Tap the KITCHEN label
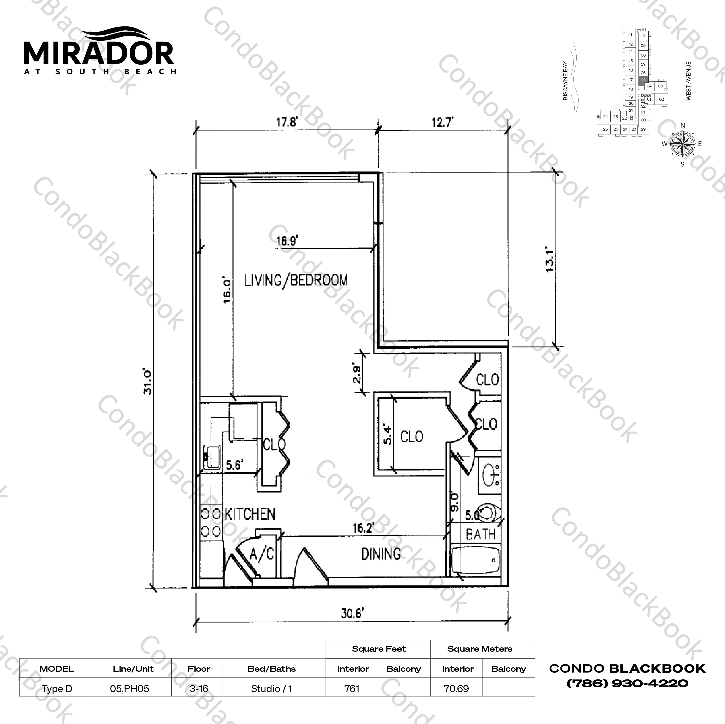pos(250,514)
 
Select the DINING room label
pos(381,554)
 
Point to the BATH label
pos(480,534)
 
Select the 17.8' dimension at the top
pos(287,122)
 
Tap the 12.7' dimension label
pos(443,122)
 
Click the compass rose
pos(683,144)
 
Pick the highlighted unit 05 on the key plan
pos(643,80)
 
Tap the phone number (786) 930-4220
pos(627,683)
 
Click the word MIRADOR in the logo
pos(99,53)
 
